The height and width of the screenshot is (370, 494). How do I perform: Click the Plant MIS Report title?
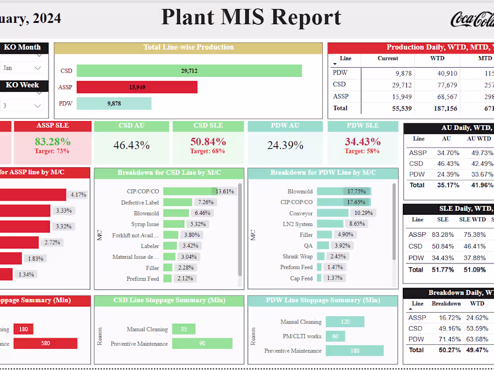click(x=251, y=17)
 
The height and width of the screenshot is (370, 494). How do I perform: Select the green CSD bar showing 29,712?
click(x=189, y=71)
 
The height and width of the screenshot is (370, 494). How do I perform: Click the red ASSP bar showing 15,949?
click(x=137, y=87)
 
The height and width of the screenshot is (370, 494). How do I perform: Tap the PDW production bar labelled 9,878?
click(x=114, y=104)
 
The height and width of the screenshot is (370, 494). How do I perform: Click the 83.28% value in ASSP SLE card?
click(x=53, y=142)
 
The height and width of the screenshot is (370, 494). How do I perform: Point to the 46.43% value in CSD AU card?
click(x=132, y=145)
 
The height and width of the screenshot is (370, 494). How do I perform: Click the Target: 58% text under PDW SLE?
click(x=362, y=151)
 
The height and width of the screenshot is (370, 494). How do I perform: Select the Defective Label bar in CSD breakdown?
click(x=177, y=202)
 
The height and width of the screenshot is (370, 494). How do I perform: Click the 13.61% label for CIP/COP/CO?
click(x=225, y=192)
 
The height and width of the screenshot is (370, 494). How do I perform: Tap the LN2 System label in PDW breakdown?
click(x=297, y=224)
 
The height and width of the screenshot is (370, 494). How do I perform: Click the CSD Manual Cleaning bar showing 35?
click(x=183, y=329)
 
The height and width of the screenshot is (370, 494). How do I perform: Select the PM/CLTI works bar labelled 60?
click(x=335, y=336)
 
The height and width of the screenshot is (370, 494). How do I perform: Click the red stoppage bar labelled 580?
click(x=45, y=344)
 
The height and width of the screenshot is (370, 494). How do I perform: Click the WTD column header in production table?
click(x=437, y=58)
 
